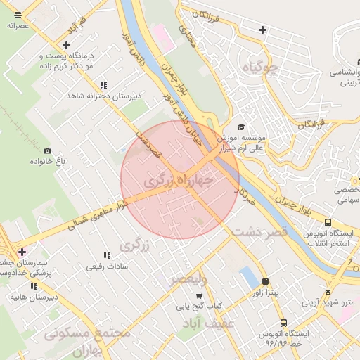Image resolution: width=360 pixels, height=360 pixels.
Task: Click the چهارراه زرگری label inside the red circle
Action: (x=178, y=181)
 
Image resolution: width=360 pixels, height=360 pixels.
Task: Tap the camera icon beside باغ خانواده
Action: (x=47, y=150)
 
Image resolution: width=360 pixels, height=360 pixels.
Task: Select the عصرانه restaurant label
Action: (x=17, y=25)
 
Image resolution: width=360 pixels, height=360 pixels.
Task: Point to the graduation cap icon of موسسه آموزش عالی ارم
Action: (x=241, y=127)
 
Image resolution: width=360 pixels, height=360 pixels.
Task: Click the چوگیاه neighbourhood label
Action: (x=259, y=68)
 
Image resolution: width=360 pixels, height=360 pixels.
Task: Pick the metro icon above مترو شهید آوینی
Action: (x=328, y=290)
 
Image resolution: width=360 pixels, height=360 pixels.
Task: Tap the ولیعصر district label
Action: (x=188, y=280)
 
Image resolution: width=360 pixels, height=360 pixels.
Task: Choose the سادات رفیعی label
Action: (x=105, y=266)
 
